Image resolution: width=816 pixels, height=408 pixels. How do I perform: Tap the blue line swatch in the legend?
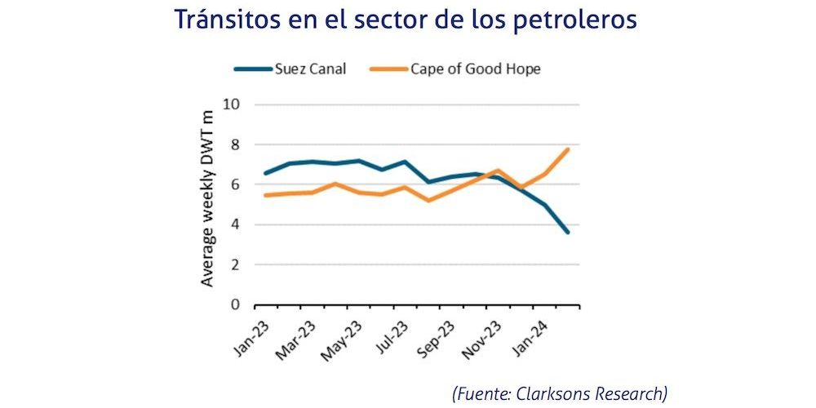click(x=253, y=69)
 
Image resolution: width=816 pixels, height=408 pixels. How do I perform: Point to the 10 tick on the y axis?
click(x=234, y=104)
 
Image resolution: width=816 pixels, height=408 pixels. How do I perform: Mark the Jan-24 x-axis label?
click(x=528, y=334)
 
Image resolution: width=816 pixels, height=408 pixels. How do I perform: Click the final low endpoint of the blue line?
click(x=568, y=233)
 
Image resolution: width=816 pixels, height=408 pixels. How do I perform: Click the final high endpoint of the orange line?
click(x=568, y=149)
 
